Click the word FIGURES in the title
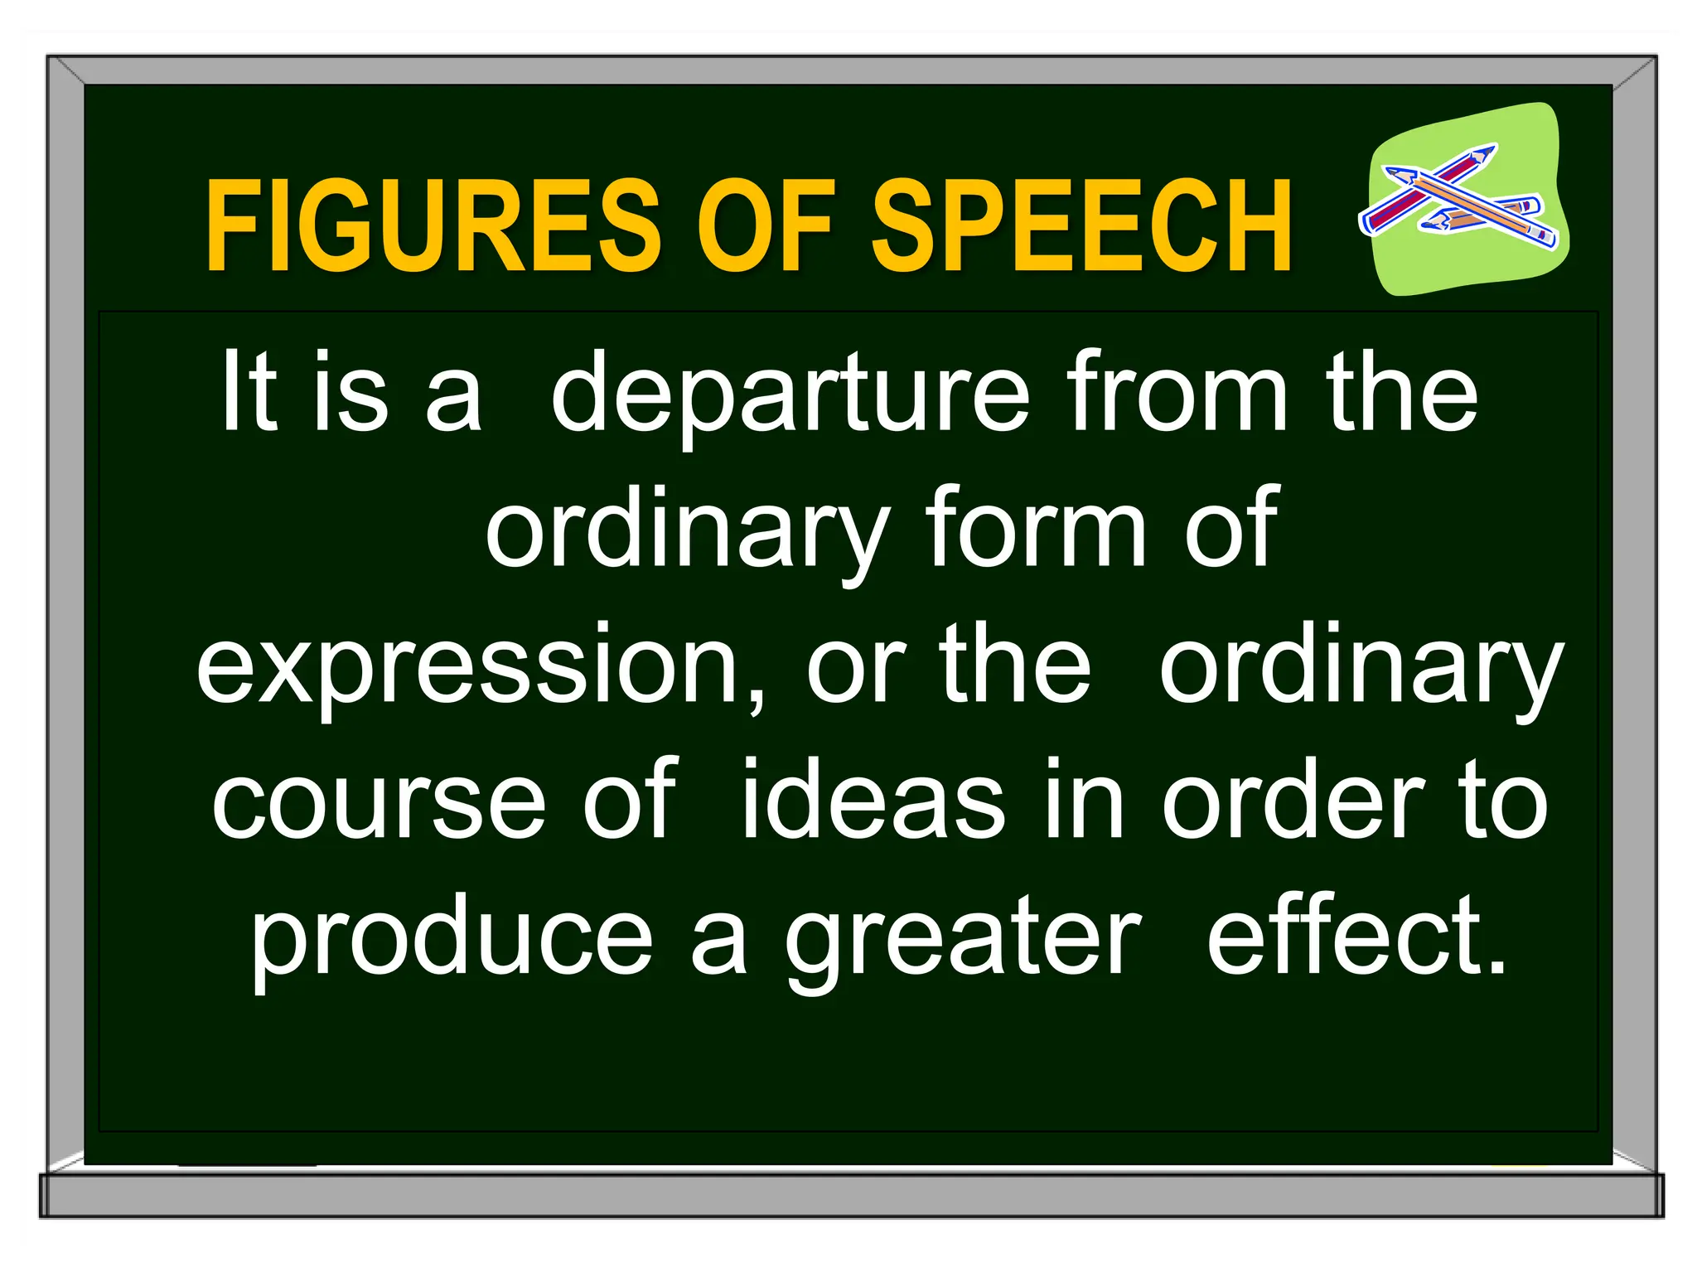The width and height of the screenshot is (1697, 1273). point(433,225)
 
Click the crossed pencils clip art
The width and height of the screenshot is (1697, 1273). point(1463,199)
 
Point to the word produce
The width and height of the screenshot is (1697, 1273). point(452,941)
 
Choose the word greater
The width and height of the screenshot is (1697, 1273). point(964,941)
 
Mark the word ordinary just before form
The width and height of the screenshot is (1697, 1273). point(688,530)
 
